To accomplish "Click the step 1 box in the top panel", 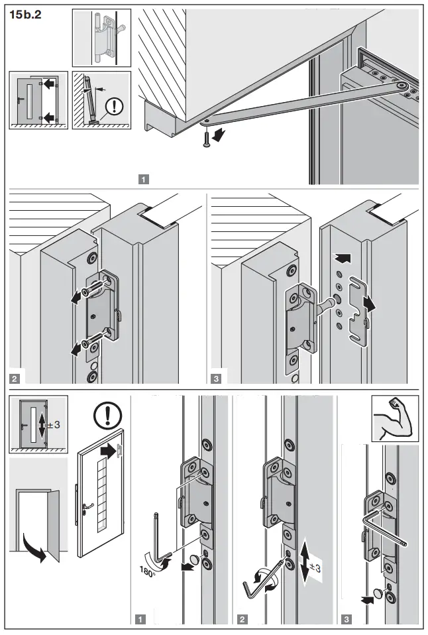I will [144, 178].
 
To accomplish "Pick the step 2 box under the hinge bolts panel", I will [15, 379].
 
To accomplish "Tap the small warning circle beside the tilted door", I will [115, 106].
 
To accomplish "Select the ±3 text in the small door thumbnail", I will [54, 424].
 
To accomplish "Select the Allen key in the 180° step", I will [158, 537].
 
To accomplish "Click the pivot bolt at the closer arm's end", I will [400, 86].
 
